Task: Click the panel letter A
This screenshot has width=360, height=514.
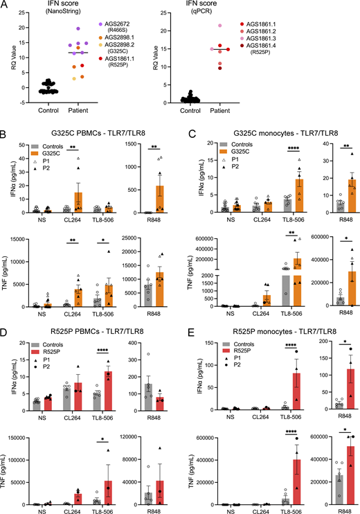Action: click(x=6, y=6)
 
